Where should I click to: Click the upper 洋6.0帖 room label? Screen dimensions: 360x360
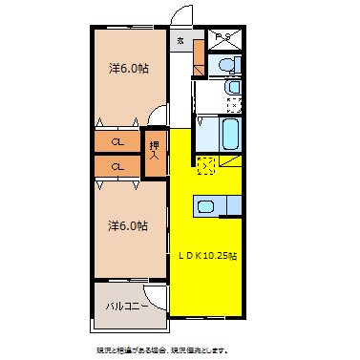pyautogui.click(x=127, y=69)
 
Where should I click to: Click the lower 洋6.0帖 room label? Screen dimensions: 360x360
pyautogui.click(x=127, y=226)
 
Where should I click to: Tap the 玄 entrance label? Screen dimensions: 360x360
pyautogui.click(x=181, y=40)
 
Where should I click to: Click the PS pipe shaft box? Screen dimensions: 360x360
pyautogui.click(x=224, y=40)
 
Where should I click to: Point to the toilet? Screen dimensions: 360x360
pyautogui.click(x=225, y=66)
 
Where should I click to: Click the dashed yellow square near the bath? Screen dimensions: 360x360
pyautogui.click(x=206, y=166)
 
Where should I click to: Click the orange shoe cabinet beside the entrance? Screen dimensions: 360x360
pyautogui.click(x=198, y=59)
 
